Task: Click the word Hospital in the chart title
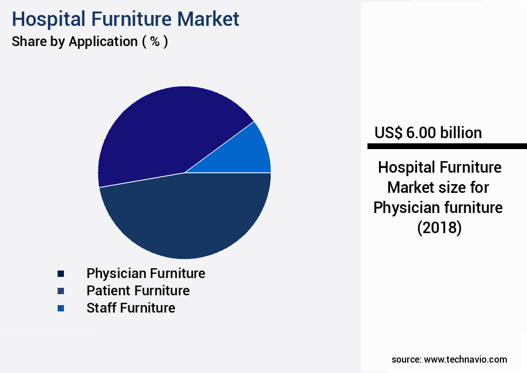coord(47,19)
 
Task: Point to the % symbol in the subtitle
coord(154,41)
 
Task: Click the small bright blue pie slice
coord(251,153)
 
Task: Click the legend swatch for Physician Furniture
coord(60,273)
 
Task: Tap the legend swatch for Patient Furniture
coord(60,291)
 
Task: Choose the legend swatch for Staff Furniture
coord(60,309)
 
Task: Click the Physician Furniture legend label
coord(146,273)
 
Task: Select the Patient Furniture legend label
coord(138,290)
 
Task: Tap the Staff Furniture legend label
coord(131,308)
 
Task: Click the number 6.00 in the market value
coord(422,133)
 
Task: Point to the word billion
coord(461,133)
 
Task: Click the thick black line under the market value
coord(446,146)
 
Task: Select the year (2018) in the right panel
coord(439,228)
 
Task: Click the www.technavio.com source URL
coord(465,359)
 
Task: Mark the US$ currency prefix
coord(389,133)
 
